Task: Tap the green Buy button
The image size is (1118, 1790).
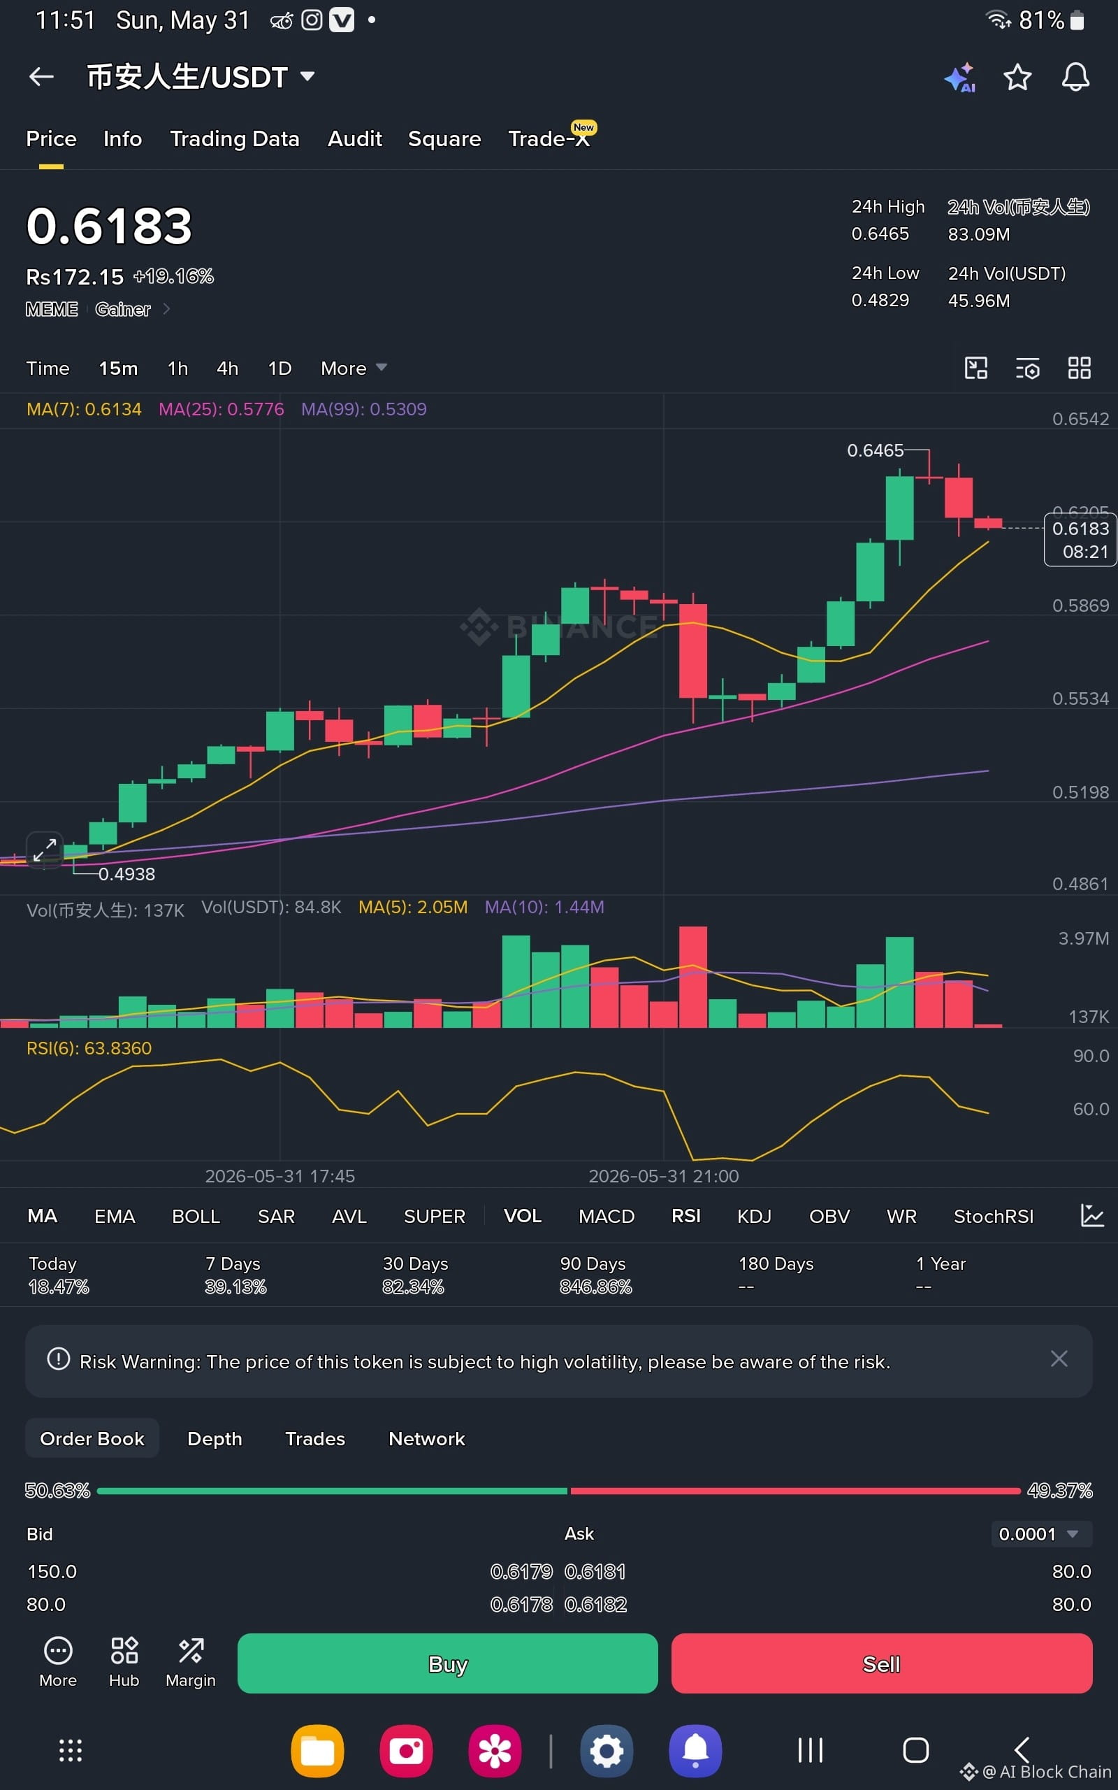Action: point(447,1663)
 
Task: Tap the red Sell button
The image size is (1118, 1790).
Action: point(881,1663)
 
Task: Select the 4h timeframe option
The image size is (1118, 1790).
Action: point(228,368)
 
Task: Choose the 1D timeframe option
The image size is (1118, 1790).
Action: point(279,368)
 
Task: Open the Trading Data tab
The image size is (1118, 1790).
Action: point(234,139)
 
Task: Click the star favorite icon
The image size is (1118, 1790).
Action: point(1017,77)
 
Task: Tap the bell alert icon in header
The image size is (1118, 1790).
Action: point(1075,77)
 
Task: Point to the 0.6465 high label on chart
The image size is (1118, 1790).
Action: point(875,450)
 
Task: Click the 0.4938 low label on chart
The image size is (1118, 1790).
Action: point(126,874)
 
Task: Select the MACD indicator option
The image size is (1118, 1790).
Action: point(607,1217)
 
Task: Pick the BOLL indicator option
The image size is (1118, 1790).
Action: point(196,1217)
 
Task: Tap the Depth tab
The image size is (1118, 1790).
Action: point(215,1439)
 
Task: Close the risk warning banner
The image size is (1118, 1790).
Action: point(1059,1359)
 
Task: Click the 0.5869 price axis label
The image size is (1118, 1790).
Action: point(1080,606)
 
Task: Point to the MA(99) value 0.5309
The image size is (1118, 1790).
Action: point(398,409)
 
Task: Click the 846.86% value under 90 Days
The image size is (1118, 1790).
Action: point(595,1287)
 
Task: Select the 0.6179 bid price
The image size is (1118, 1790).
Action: point(521,1572)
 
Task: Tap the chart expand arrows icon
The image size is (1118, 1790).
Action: point(45,850)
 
